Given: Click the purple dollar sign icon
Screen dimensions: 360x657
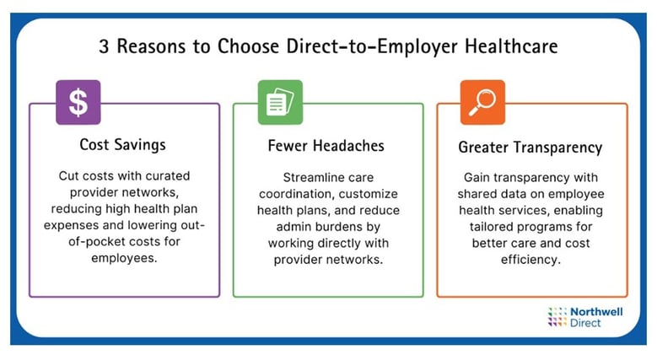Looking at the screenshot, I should (78, 102).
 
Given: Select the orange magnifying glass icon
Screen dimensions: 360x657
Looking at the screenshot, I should (482, 102).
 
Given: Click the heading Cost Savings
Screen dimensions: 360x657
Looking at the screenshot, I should (123, 144).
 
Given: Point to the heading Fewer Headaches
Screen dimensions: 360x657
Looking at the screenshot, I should (328, 146).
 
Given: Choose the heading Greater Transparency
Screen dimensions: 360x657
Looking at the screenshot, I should (530, 148).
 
